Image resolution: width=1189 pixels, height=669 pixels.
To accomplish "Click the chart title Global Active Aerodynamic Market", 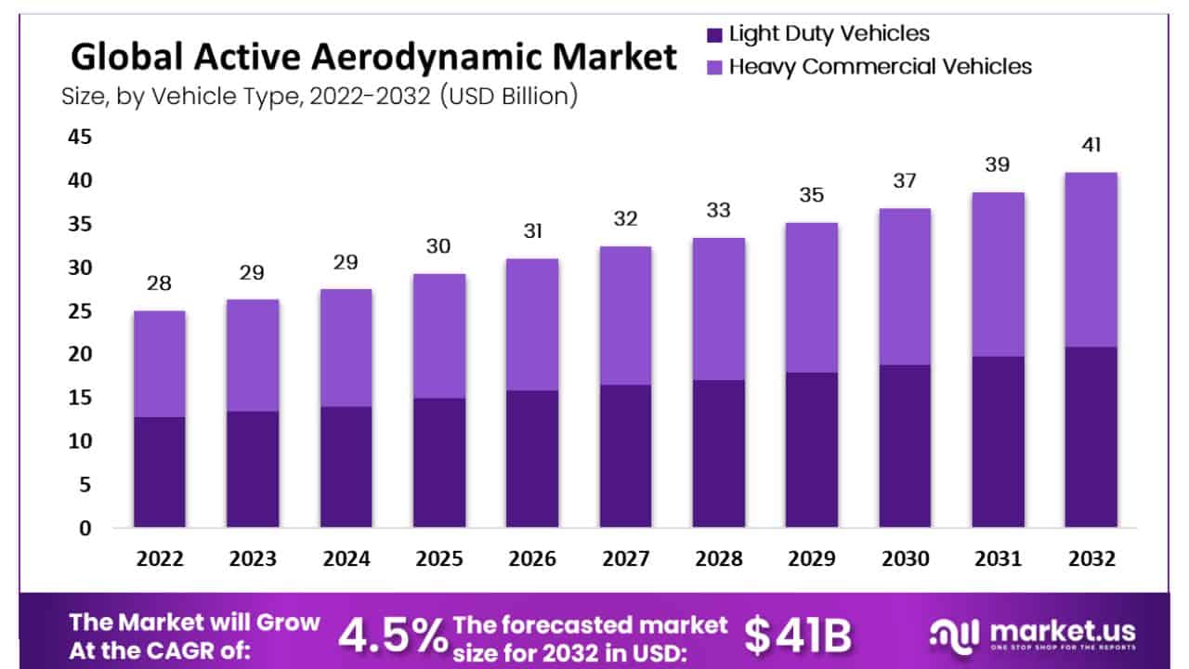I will click(373, 59).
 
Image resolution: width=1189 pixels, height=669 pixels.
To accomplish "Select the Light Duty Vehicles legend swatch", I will click(714, 35).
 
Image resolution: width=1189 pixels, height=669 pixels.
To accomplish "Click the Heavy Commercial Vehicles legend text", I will click(881, 67).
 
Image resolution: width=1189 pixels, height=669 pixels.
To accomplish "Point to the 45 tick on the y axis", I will click(79, 137).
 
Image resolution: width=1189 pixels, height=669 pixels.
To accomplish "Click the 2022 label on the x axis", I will click(160, 559).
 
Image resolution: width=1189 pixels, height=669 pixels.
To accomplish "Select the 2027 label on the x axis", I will click(625, 559).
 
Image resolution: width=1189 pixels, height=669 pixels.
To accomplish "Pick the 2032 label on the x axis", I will click(1091, 559).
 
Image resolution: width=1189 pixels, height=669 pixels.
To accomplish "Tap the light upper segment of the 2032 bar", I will click(1091, 260).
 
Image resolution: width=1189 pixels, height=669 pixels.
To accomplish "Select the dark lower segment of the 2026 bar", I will click(532, 459).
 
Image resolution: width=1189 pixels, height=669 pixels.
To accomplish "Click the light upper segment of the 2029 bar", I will click(812, 297).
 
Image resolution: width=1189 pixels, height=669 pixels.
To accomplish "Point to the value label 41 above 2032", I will click(1091, 146).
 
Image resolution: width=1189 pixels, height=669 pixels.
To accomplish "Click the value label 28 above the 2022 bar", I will click(160, 283).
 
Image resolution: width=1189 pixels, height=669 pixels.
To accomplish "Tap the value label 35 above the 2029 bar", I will click(812, 195).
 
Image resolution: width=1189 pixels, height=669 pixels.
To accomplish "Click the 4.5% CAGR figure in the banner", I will click(391, 636).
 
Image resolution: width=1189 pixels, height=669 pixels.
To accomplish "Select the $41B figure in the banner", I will click(798, 636).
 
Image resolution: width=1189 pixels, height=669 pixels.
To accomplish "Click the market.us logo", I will click(1031, 636).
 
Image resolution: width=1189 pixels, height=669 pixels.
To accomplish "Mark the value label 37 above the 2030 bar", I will click(905, 181).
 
